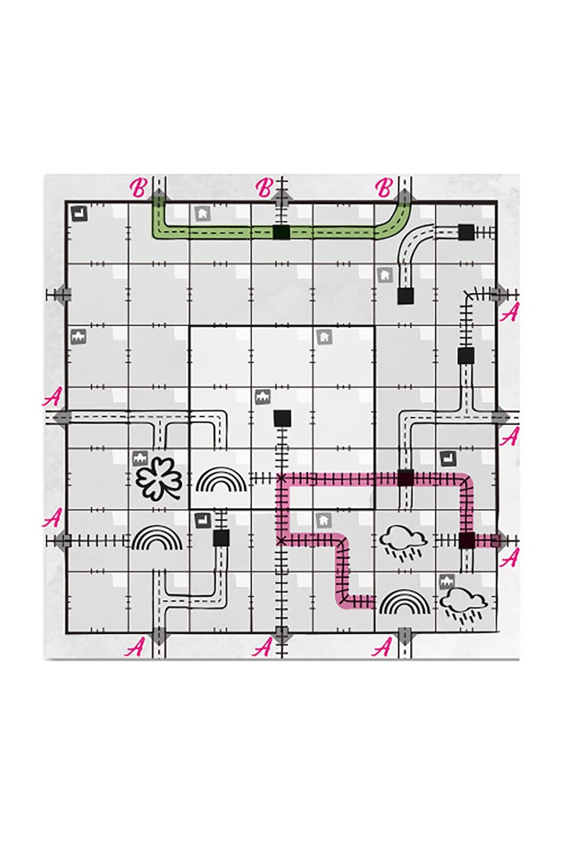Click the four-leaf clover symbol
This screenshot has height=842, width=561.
click(159, 478)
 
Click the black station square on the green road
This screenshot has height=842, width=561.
click(280, 232)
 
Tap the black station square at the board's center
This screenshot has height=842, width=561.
click(283, 418)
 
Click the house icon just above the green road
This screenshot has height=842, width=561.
click(202, 213)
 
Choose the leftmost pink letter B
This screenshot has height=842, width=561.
click(139, 188)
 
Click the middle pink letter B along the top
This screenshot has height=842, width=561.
click(264, 188)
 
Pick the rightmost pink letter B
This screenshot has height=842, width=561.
click(384, 188)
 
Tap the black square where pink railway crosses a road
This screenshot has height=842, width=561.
click(406, 478)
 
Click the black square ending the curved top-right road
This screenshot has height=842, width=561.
click(406, 296)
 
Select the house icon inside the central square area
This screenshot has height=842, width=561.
click(324, 338)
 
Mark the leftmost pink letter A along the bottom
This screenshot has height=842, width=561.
click(134, 648)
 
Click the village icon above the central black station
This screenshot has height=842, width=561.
click(263, 397)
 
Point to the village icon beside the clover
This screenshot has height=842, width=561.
click(140, 458)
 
